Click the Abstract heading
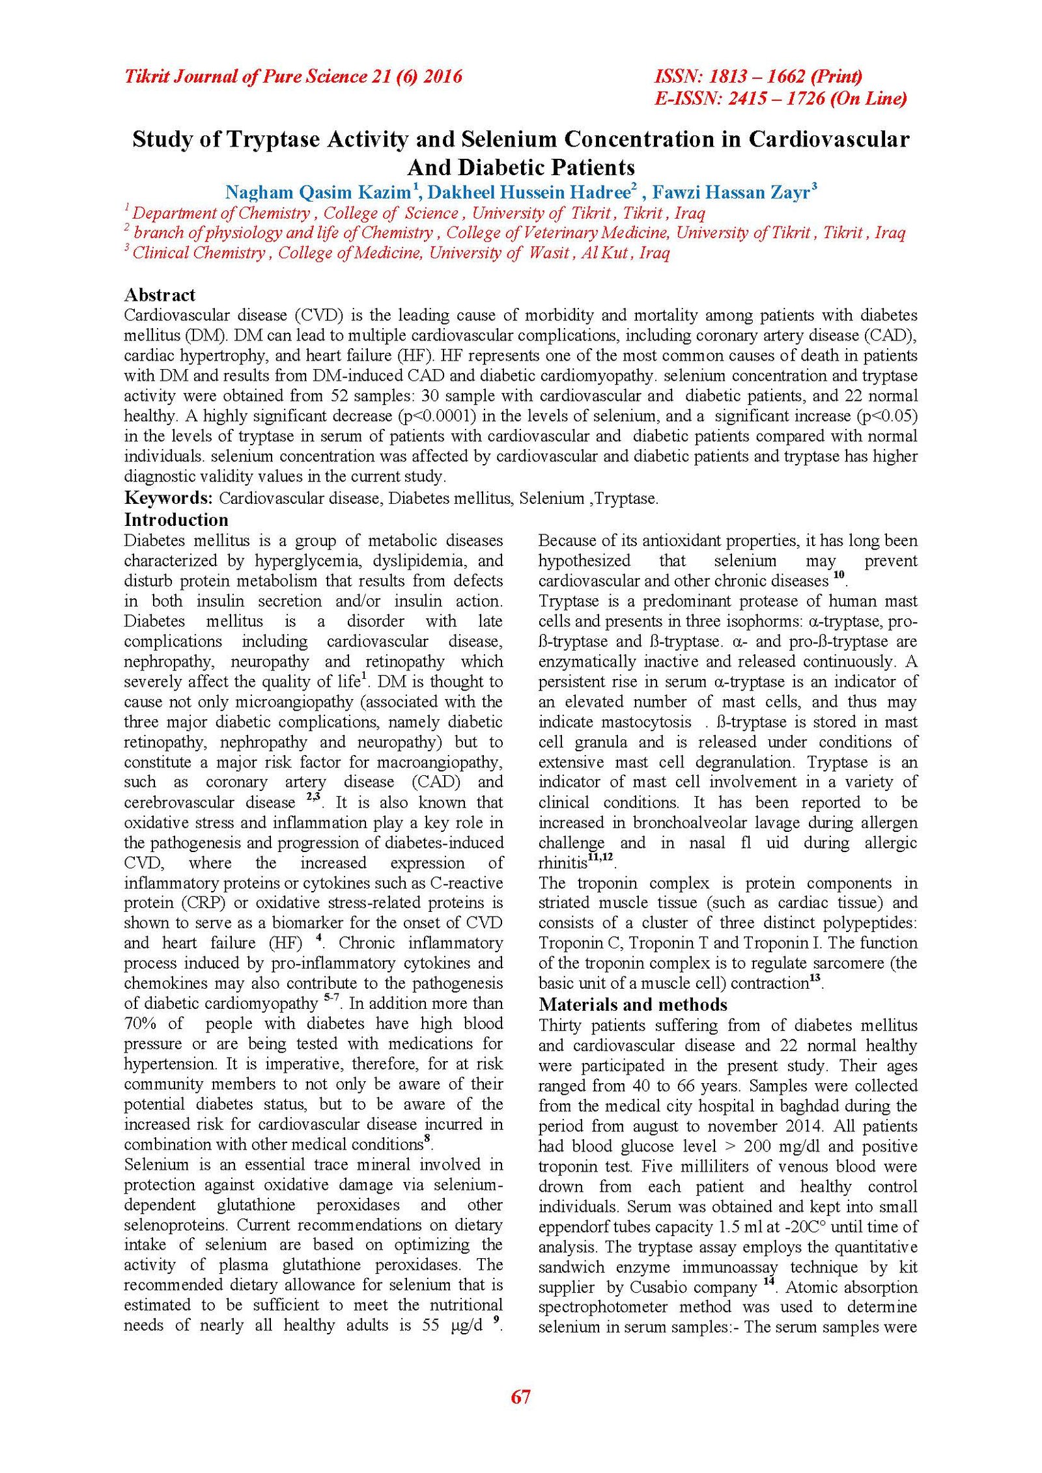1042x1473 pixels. (x=160, y=295)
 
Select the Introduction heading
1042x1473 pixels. (x=176, y=519)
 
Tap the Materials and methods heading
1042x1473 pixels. (x=633, y=1004)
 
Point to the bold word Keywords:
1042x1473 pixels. (x=169, y=498)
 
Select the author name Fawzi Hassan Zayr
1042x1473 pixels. (x=731, y=193)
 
